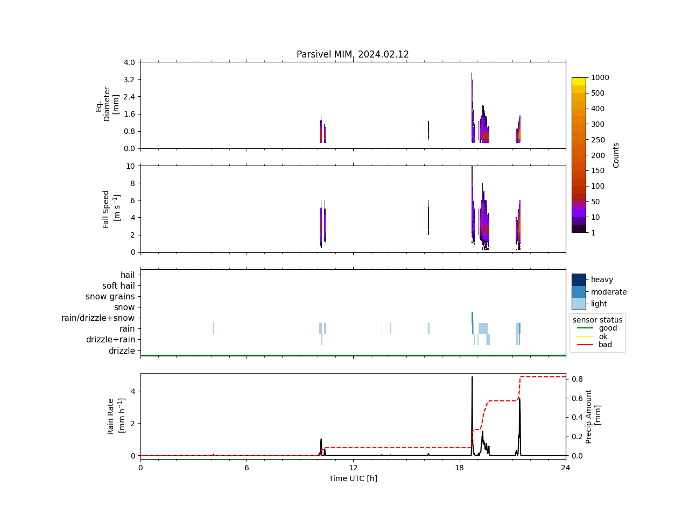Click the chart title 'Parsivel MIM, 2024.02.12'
[353, 54]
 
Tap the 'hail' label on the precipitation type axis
[128, 275]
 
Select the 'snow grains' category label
[110, 297]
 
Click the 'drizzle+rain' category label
[110, 340]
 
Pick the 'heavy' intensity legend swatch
[579, 279]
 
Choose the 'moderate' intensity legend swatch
[579, 292]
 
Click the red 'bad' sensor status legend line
[585, 345]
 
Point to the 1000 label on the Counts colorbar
[600, 77]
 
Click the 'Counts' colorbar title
[616, 155]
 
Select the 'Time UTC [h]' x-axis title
[353, 478]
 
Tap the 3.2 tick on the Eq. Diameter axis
[129, 80]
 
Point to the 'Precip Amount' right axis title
[593, 416]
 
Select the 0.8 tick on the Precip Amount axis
[577, 379]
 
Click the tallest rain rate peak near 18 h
[472, 377]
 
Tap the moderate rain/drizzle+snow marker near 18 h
[472, 318]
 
